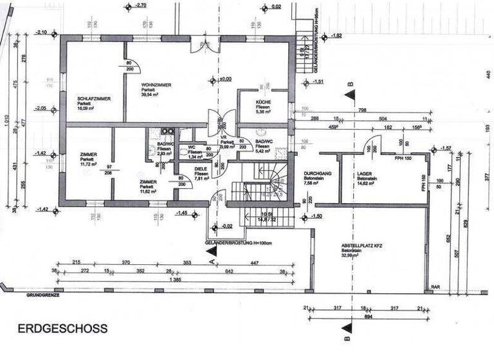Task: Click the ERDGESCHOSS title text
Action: tap(62, 328)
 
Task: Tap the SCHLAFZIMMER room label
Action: tap(94, 98)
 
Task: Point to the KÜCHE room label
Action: tap(263, 103)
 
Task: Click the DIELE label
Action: tap(201, 168)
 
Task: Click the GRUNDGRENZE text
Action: tap(43, 296)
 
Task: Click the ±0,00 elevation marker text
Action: tap(224, 79)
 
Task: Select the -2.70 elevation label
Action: tap(141, 5)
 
